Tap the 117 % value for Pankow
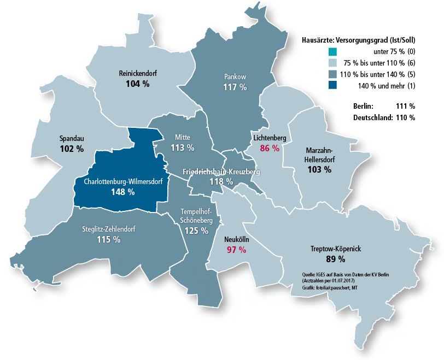(x=235, y=87)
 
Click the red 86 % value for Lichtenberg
(x=270, y=148)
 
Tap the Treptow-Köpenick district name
(x=335, y=249)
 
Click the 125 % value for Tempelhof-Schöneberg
(x=196, y=231)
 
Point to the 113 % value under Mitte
(x=183, y=147)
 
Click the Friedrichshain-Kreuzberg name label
(x=221, y=172)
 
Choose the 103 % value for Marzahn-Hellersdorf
(x=319, y=170)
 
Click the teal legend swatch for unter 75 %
(x=332, y=51)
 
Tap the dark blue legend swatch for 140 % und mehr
(x=332, y=85)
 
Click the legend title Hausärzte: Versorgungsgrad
(x=358, y=40)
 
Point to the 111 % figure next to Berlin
(x=405, y=106)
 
